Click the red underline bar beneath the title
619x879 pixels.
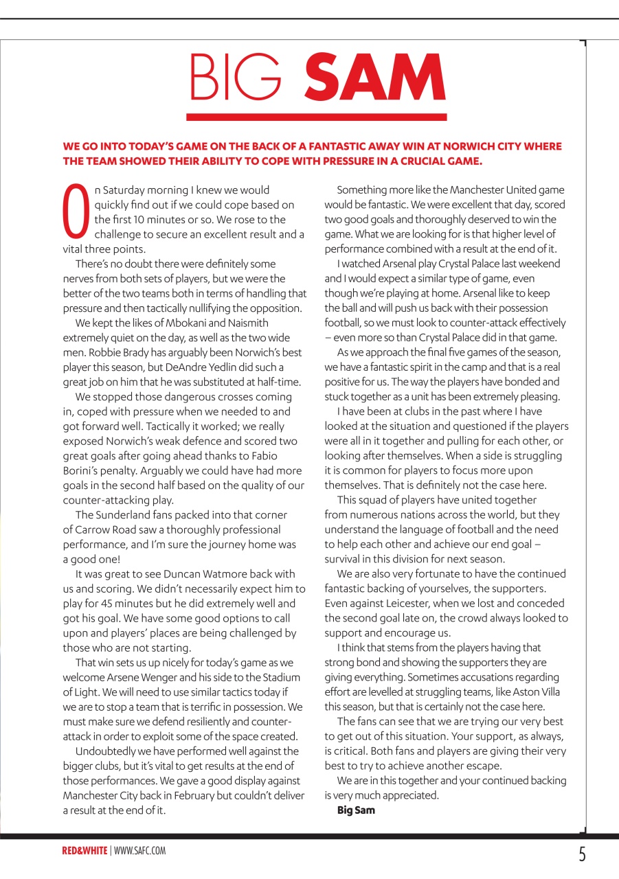click(x=317, y=117)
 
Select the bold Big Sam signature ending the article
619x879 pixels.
click(x=356, y=810)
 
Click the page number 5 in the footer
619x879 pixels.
click(x=582, y=854)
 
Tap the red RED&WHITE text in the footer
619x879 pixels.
click(x=85, y=851)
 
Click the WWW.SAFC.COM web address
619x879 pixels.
click(x=140, y=851)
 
